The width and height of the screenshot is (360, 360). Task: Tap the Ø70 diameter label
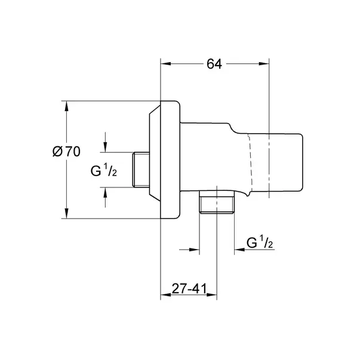(x=66, y=152)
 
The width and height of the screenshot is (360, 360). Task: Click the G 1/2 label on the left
(x=102, y=171)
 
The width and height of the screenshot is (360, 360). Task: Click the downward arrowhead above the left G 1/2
(x=106, y=148)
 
